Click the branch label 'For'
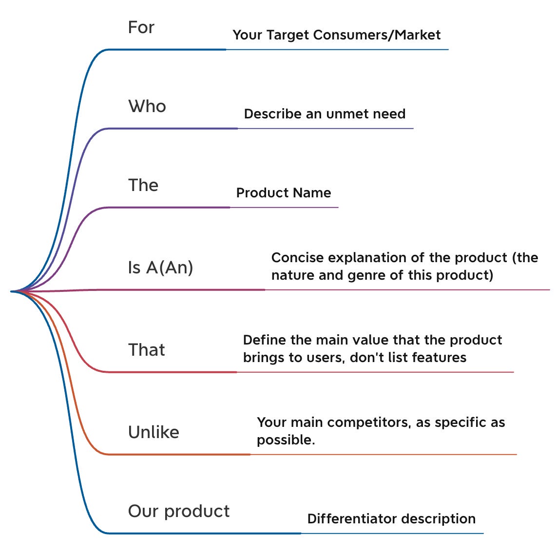[x=141, y=27]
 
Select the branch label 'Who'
[x=147, y=106]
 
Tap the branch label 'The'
[x=143, y=185]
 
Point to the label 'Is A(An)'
[x=160, y=268]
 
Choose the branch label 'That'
[x=146, y=350]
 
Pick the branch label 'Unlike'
[x=153, y=432]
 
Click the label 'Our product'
[x=178, y=511]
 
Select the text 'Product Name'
[x=284, y=193]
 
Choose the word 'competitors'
[x=369, y=422]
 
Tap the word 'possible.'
[x=286, y=440]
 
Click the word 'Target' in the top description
[x=286, y=35]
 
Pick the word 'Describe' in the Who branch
[x=273, y=114]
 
